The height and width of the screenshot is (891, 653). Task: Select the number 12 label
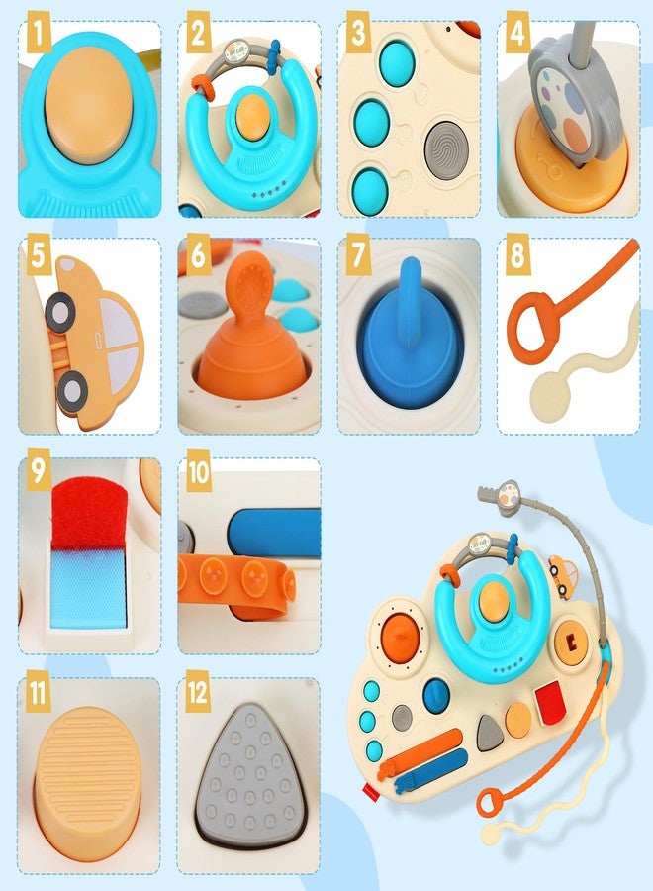[199, 692]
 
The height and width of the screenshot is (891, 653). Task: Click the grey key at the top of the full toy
[507, 492]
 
